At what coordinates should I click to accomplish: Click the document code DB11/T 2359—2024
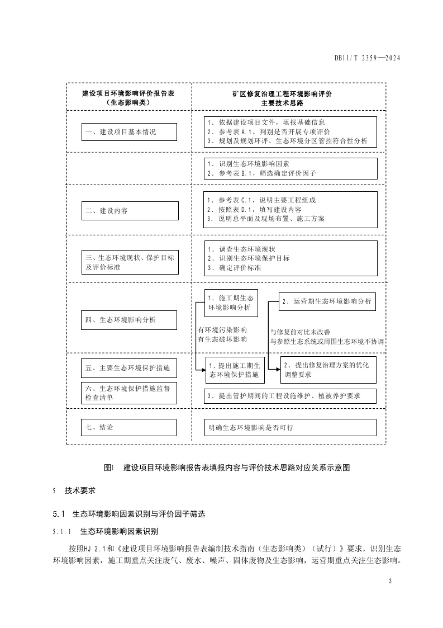pos(368,58)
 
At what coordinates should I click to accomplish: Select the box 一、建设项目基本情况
pos(130,133)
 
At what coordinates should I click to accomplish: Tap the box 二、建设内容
pos(130,211)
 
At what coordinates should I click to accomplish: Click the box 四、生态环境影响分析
pos(130,320)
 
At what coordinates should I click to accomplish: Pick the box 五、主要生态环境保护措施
pos(130,368)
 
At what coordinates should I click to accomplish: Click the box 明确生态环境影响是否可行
pos(289,427)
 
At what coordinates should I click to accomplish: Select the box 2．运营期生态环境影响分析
pos(327,301)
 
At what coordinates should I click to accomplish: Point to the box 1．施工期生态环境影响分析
pos(230,303)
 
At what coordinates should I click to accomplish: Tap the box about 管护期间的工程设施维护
pos(289,396)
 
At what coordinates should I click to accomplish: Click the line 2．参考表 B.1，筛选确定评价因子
pos(261,173)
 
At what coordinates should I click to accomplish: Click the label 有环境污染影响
pos(222,329)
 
